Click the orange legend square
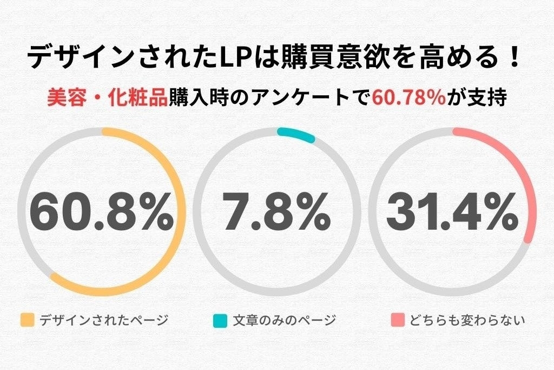(27, 320)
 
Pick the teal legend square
(220, 320)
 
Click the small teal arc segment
(296, 135)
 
